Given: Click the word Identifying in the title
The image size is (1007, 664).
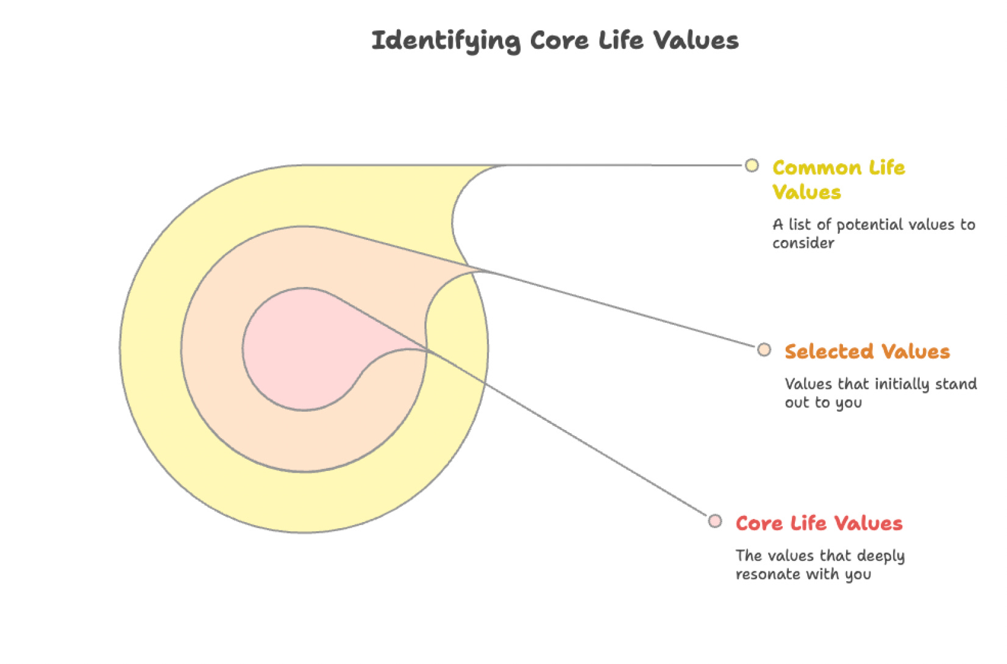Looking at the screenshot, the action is tap(446, 41).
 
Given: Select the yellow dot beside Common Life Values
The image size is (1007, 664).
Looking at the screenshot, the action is tap(752, 165).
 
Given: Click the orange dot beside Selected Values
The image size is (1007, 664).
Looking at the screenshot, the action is tap(764, 350).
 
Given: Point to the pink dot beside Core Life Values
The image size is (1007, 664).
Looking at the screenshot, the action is tap(715, 521).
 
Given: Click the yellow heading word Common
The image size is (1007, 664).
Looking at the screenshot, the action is tap(816, 168).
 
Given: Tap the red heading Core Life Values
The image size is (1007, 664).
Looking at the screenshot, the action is tap(819, 523).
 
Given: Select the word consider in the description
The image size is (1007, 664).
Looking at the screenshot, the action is tap(803, 243).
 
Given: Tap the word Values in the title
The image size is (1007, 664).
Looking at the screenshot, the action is tap(696, 41).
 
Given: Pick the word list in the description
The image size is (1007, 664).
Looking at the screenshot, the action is tap(799, 225).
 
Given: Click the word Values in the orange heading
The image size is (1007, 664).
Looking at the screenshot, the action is tap(916, 351).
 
